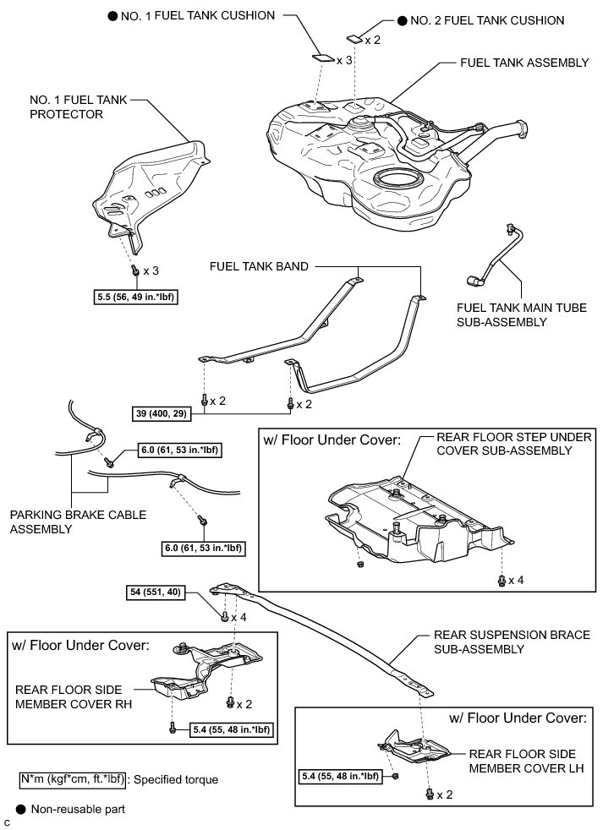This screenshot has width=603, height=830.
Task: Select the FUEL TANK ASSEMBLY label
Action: pos(517,63)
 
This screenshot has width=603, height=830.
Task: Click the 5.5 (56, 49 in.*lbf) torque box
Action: pos(137,297)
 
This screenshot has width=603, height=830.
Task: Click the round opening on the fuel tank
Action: pos(397,181)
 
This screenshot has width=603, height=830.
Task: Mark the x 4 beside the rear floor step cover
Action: pos(515,580)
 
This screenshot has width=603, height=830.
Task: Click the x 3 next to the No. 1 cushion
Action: pos(344,60)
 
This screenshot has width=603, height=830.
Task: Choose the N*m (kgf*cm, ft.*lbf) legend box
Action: pos(73,779)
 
